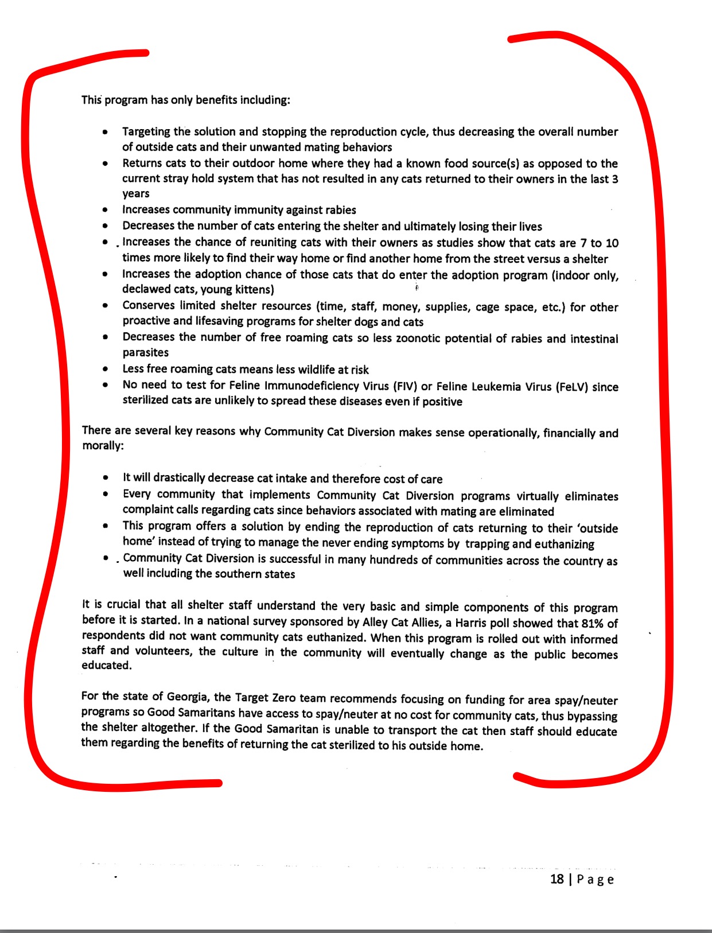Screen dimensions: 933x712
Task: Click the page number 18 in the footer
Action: [x=557, y=879]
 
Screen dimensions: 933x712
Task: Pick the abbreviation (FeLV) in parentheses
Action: [x=571, y=387]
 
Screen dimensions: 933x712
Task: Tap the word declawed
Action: [x=146, y=289]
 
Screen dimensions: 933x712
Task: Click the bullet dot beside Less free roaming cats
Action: [x=105, y=369]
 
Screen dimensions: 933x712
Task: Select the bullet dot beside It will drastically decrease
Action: [x=106, y=477]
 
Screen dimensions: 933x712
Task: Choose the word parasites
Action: [x=146, y=352]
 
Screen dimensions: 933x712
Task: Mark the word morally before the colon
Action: [x=101, y=446]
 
